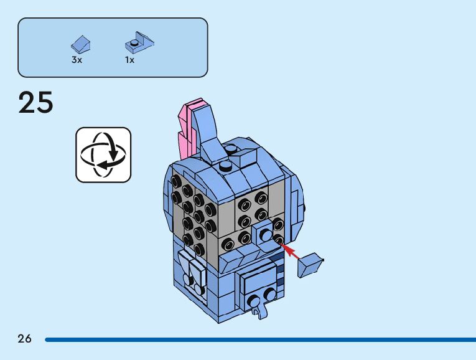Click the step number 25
[x=36, y=102]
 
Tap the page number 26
[x=24, y=339]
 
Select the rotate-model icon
[x=103, y=155]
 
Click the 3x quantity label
[x=77, y=60]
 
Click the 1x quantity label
[x=129, y=60]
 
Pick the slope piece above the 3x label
[x=80, y=44]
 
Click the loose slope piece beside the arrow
[x=310, y=265]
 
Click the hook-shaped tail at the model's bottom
[x=257, y=305]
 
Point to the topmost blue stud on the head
[x=231, y=149]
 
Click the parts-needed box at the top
[x=113, y=47]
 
